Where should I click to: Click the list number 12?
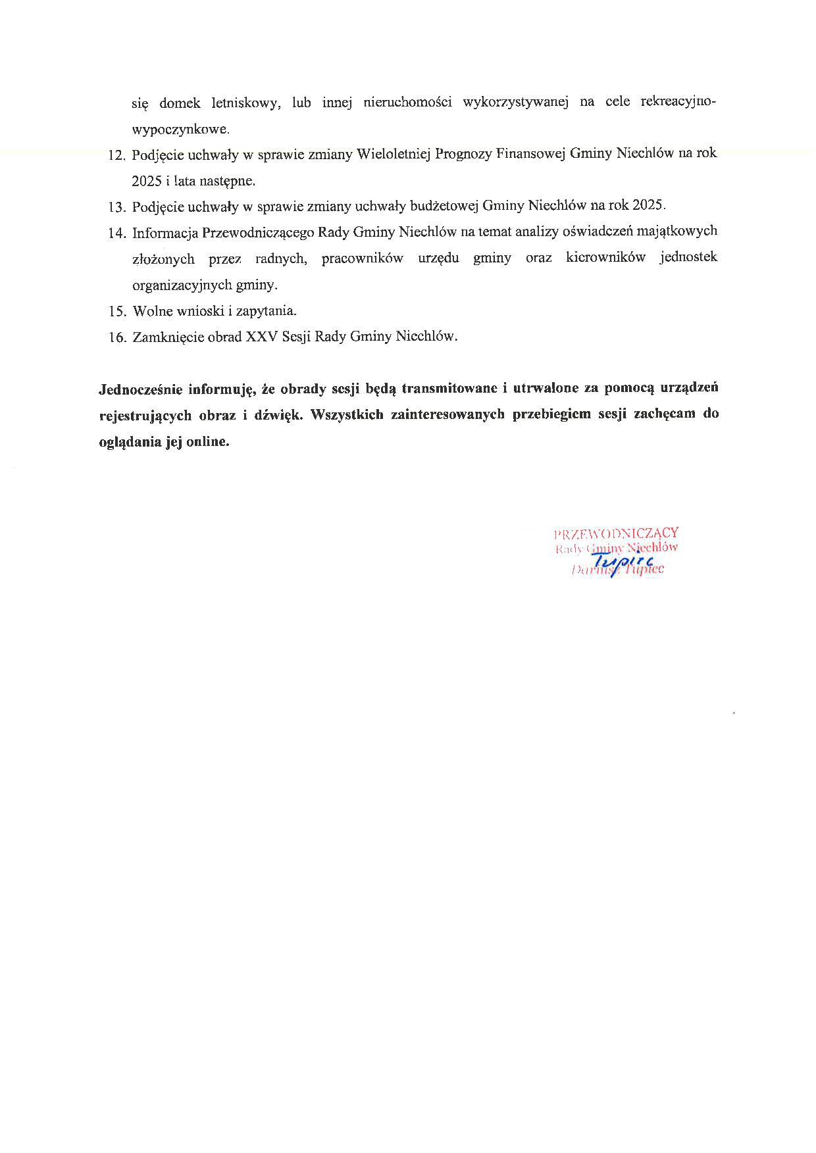[116, 155]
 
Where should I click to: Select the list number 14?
[116, 233]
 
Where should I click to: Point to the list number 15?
[116, 311]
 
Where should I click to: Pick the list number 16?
[116, 337]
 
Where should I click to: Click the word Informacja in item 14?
[165, 232]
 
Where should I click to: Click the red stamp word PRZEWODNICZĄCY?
[616, 533]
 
